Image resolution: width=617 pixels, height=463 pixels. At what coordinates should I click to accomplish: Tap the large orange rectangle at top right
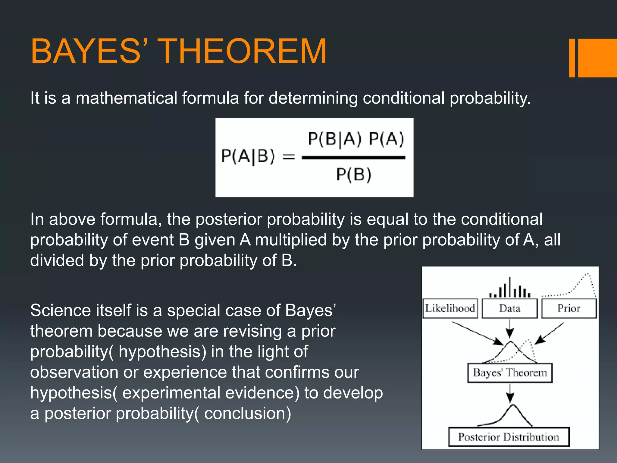(x=597, y=58)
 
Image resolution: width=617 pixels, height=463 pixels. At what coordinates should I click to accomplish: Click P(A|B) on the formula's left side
(x=248, y=156)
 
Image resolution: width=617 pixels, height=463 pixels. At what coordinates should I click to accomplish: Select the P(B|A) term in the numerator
(x=334, y=140)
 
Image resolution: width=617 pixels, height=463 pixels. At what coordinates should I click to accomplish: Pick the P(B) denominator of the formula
(x=354, y=175)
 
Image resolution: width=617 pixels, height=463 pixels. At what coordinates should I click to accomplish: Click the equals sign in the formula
(x=288, y=157)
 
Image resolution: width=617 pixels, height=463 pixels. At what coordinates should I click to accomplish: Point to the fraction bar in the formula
(x=353, y=157)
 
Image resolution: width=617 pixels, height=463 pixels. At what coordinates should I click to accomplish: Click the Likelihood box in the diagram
(x=450, y=308)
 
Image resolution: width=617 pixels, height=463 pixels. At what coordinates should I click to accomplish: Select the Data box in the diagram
(x=509, y=308)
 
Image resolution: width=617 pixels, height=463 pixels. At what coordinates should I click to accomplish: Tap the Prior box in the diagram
(x=569, y=308)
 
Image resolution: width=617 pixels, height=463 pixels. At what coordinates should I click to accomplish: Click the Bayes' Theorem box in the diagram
(x=510, y=373)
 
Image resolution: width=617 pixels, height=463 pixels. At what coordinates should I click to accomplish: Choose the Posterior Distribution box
(x=509, y=437)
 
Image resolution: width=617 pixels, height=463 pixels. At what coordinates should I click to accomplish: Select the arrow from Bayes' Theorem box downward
(x=510, y=393)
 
